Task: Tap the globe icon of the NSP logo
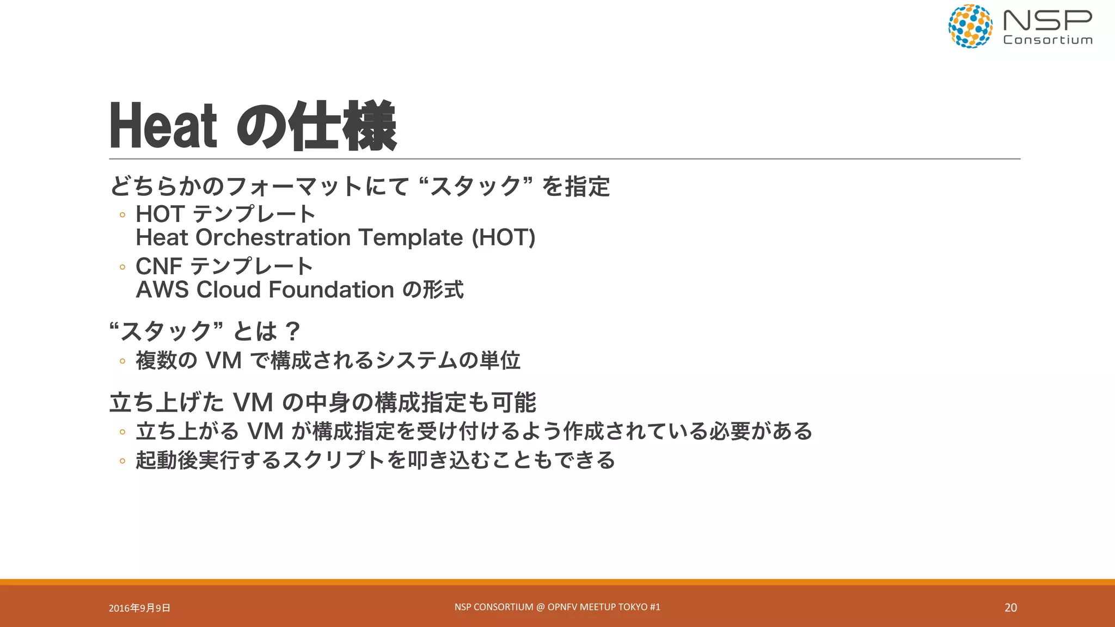(x=970, y=26)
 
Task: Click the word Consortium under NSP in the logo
(x=1047, y=40)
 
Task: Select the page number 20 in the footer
(x=1010, y=607)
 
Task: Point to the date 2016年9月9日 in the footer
(x=139, y=608)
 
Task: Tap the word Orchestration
(x=273, y=238)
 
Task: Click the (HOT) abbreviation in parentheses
(x=503, y=238)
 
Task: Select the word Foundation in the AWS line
(x=331, y=290)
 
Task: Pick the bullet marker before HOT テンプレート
(x=122, y=215)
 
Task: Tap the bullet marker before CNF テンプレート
(x=122, y=267)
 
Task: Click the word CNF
(x=158, y=267)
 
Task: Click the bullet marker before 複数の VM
(x=122, y=361)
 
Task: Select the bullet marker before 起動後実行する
(x=122, y=461)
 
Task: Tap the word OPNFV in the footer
(x=562, y=607)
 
